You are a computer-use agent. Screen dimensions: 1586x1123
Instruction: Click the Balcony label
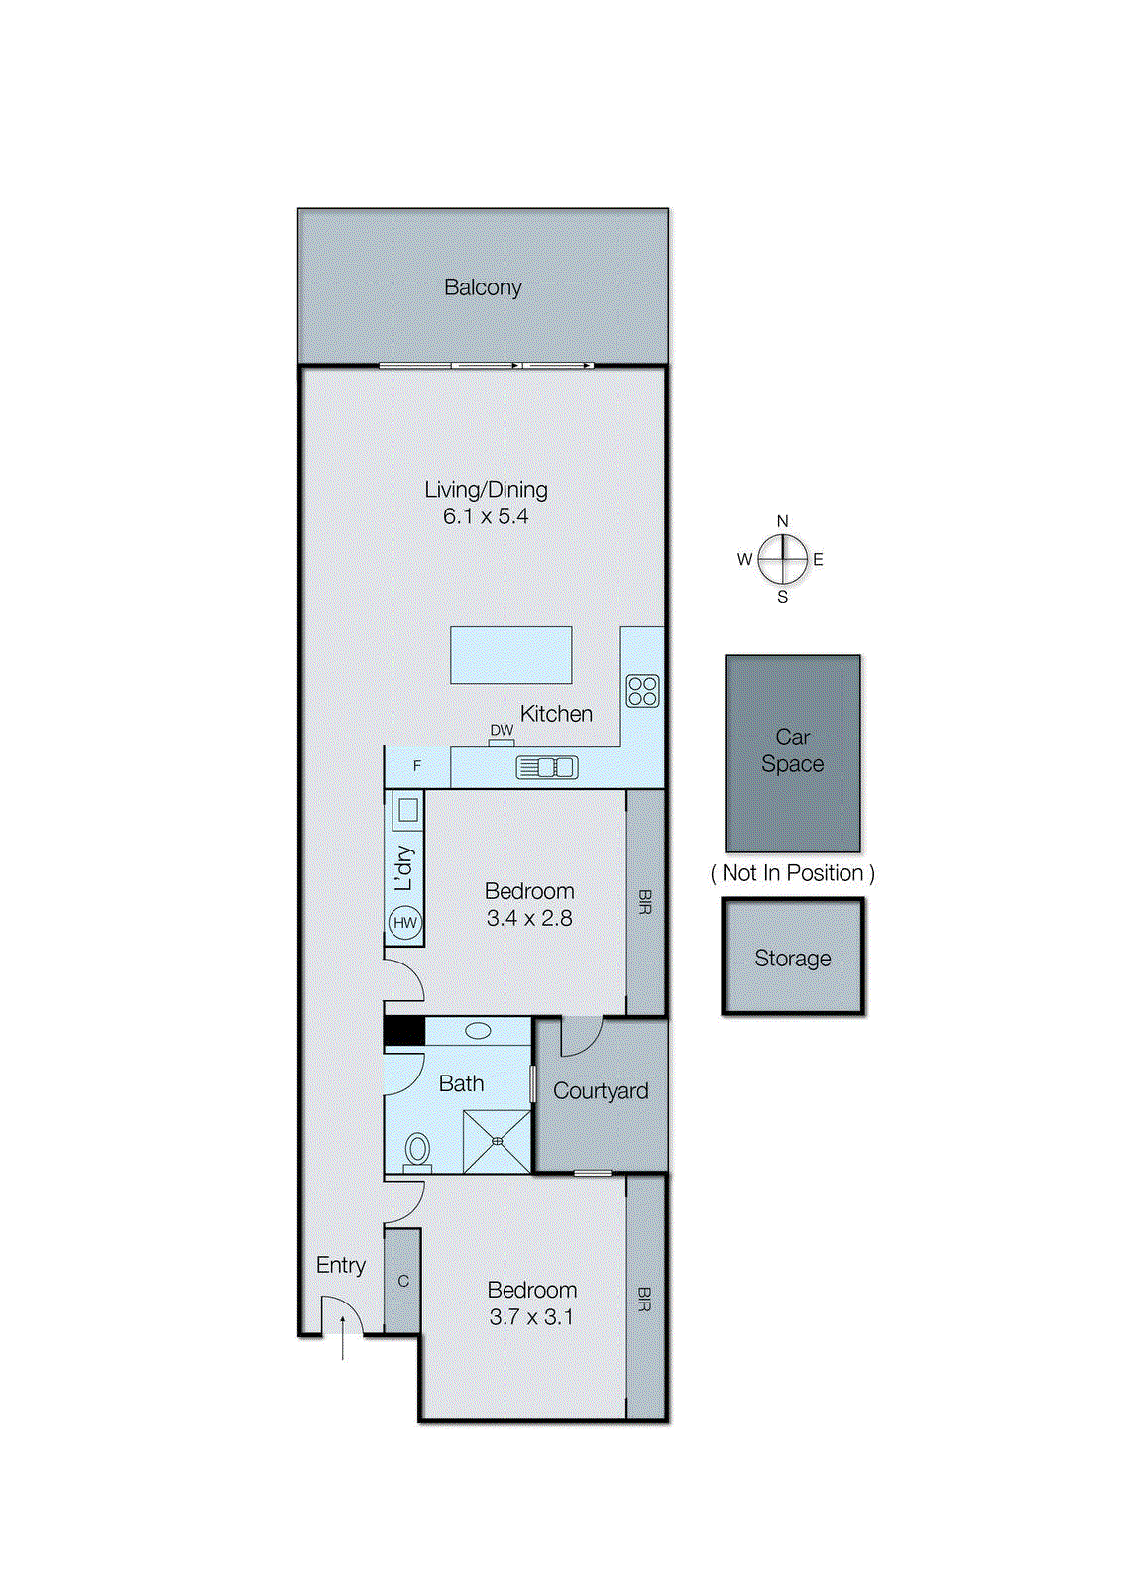pos(483,287)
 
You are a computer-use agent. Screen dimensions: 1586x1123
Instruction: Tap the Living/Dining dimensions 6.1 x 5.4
pos(486,516)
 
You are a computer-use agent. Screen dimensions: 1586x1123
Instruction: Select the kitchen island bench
pos(510,655)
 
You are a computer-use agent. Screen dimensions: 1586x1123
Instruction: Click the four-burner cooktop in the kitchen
pos(642,690)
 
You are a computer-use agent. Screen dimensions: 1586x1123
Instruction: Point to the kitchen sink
pos(546,767)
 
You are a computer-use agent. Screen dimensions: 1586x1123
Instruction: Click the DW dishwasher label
pos(502,730)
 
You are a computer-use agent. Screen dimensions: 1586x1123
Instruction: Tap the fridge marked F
pos(417,766)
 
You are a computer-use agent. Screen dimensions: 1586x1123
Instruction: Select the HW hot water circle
pos(405,923)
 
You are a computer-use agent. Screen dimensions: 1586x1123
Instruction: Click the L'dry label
pos(403,867)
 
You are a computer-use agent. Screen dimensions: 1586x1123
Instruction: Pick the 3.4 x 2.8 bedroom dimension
pos(529,919)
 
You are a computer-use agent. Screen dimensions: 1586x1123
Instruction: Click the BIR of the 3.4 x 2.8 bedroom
pos(645,902)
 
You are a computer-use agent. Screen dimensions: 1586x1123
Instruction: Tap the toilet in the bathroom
pos(418,1150)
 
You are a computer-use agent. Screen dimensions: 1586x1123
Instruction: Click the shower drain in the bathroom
pos(498,1141)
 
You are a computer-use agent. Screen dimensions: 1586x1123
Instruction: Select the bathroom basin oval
pos(478,1031)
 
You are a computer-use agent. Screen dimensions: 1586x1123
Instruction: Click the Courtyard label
pos(601,1091)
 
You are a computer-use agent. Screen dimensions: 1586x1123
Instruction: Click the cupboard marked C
pos(403,1281)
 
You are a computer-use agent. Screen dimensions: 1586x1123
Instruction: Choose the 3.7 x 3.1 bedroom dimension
pos(531,1317)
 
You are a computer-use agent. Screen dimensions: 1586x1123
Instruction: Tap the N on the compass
pos(783,521)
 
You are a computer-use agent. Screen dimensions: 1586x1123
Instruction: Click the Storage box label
pos(793,959)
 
